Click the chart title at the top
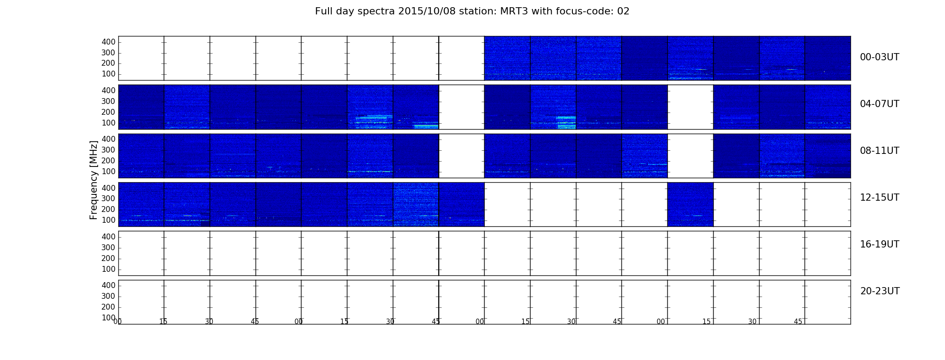coord(472,11)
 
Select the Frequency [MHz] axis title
coord(94,180)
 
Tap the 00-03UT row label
coord(879,57)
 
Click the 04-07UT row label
coord(879,104)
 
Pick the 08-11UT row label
coord(879,151)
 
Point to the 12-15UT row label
coord(879,198)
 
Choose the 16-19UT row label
coord(879,244)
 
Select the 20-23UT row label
coord(880,291)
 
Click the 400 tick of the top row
coord(108,42)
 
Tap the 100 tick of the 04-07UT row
coord(108,123)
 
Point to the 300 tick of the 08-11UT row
coord(108,150)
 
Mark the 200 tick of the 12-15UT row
coord(108,209)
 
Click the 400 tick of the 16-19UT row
coord(108,237)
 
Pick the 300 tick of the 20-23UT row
coord(108,296)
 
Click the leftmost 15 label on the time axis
coord(163,322)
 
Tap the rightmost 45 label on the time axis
coord(798,322)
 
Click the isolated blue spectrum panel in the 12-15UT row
coord(690,204)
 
